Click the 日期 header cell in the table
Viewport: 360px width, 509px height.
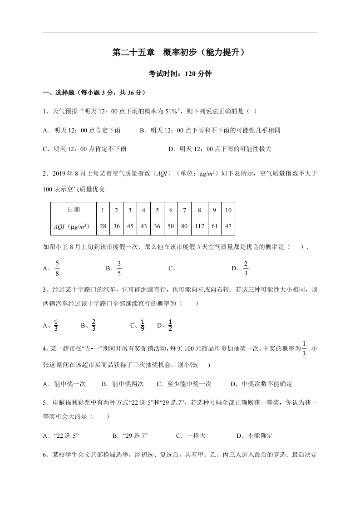pyautogui.click(x=74, y=210)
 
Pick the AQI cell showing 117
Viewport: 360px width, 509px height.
pyautogui.click(x=199, y=226)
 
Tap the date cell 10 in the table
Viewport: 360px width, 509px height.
pyautogui.click(x=228, y=210)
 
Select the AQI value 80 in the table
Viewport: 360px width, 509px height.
pyautogui.click(x=184, y=226)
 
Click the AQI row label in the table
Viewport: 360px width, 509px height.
pyautogui.click(x=74, y=226)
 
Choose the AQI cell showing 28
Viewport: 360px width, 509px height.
pyautogui.click(x=103, y=226)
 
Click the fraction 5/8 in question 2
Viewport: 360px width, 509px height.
pyautogui.click(x=57, y=268)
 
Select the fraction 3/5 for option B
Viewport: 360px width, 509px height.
pyautogui.click(x=119, y=268)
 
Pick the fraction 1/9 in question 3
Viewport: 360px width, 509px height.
pyautogui.click(x=142, y=325)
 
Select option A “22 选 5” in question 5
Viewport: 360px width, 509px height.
pyautogui.click(x=66, y=436)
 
